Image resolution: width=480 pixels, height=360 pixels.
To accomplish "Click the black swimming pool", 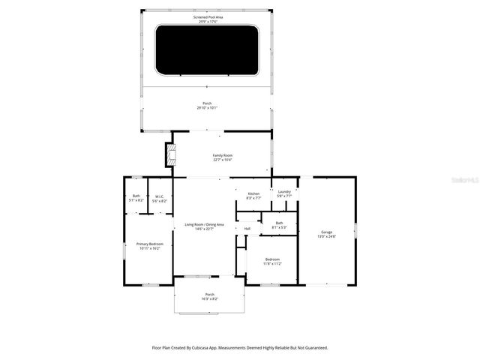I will click(x=207, y=50).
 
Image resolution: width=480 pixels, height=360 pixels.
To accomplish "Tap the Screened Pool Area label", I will click(x=207, y=16).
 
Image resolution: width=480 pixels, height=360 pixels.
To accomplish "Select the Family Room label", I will click(x=222, y=155).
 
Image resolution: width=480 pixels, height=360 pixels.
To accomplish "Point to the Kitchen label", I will click(x=253, y=193).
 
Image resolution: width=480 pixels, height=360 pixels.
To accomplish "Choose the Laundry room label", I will click(x=283, y=192).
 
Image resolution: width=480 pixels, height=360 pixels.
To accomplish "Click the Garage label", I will click(x=326, y=232).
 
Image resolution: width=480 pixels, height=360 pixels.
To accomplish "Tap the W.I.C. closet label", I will click(x=160, y=196).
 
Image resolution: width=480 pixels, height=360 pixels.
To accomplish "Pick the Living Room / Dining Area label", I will click(x=204, y=224).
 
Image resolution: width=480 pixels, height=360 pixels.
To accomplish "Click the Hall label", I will click(x=247, y=229).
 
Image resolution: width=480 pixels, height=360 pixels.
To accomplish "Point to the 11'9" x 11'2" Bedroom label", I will click(x=272, y=259).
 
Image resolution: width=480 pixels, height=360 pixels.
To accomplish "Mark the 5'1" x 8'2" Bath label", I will click(x=136, y=196).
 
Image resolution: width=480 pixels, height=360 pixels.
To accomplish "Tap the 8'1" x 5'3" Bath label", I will click(x=279, y=223).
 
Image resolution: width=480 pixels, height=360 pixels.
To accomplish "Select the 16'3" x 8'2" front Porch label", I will click(x=210, y=294).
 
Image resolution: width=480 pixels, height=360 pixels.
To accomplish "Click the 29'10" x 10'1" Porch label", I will click(x=207, y=103).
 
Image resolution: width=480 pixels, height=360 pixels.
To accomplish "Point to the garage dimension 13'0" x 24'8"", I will click(x=326, y=236).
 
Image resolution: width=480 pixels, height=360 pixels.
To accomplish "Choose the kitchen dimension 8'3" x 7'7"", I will click(x=253, y=198).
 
